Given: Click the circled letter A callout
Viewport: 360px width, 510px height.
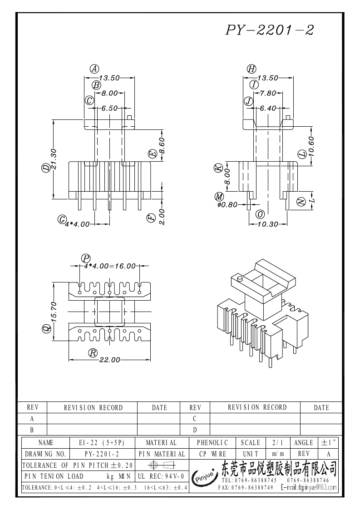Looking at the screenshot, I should point(94,69).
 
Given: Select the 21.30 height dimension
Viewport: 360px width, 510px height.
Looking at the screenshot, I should point(54,159).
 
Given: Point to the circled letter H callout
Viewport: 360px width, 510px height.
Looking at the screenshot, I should point(251,69).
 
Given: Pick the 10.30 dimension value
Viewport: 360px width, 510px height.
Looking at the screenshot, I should point(268,224).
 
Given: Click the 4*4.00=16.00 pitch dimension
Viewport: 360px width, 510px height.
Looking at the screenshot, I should point(110,266).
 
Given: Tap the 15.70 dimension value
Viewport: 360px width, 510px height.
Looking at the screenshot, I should point(54,312).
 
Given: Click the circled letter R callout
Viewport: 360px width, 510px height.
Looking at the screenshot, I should point(93,352).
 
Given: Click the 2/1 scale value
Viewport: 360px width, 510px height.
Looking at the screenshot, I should point(276,442).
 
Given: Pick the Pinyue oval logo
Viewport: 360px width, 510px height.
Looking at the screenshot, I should point(203,477).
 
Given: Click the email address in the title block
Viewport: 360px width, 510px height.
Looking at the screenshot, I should point(309,487).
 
